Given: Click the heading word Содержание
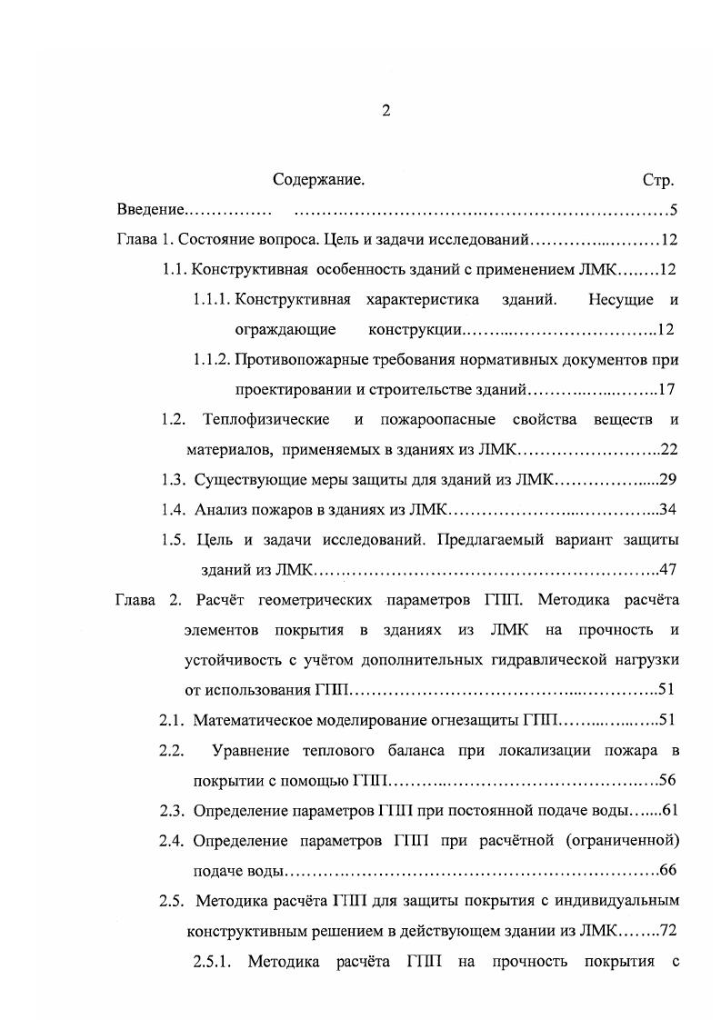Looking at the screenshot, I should click(x=318, y=180).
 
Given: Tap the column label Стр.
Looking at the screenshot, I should click(x=657, y=180).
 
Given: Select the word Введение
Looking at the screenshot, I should click(x=150, y=211).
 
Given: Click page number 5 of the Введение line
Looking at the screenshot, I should click(x=674, y=211).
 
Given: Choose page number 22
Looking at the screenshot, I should click(x=670, y=449).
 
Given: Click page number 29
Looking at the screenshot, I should click(x=669, y=479).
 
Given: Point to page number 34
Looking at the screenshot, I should click(x=669, y=509).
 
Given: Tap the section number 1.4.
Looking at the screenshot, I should click(x=173, y=509).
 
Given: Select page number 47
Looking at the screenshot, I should click(x=669, y=569).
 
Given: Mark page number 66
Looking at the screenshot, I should click(x=669, y=870).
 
